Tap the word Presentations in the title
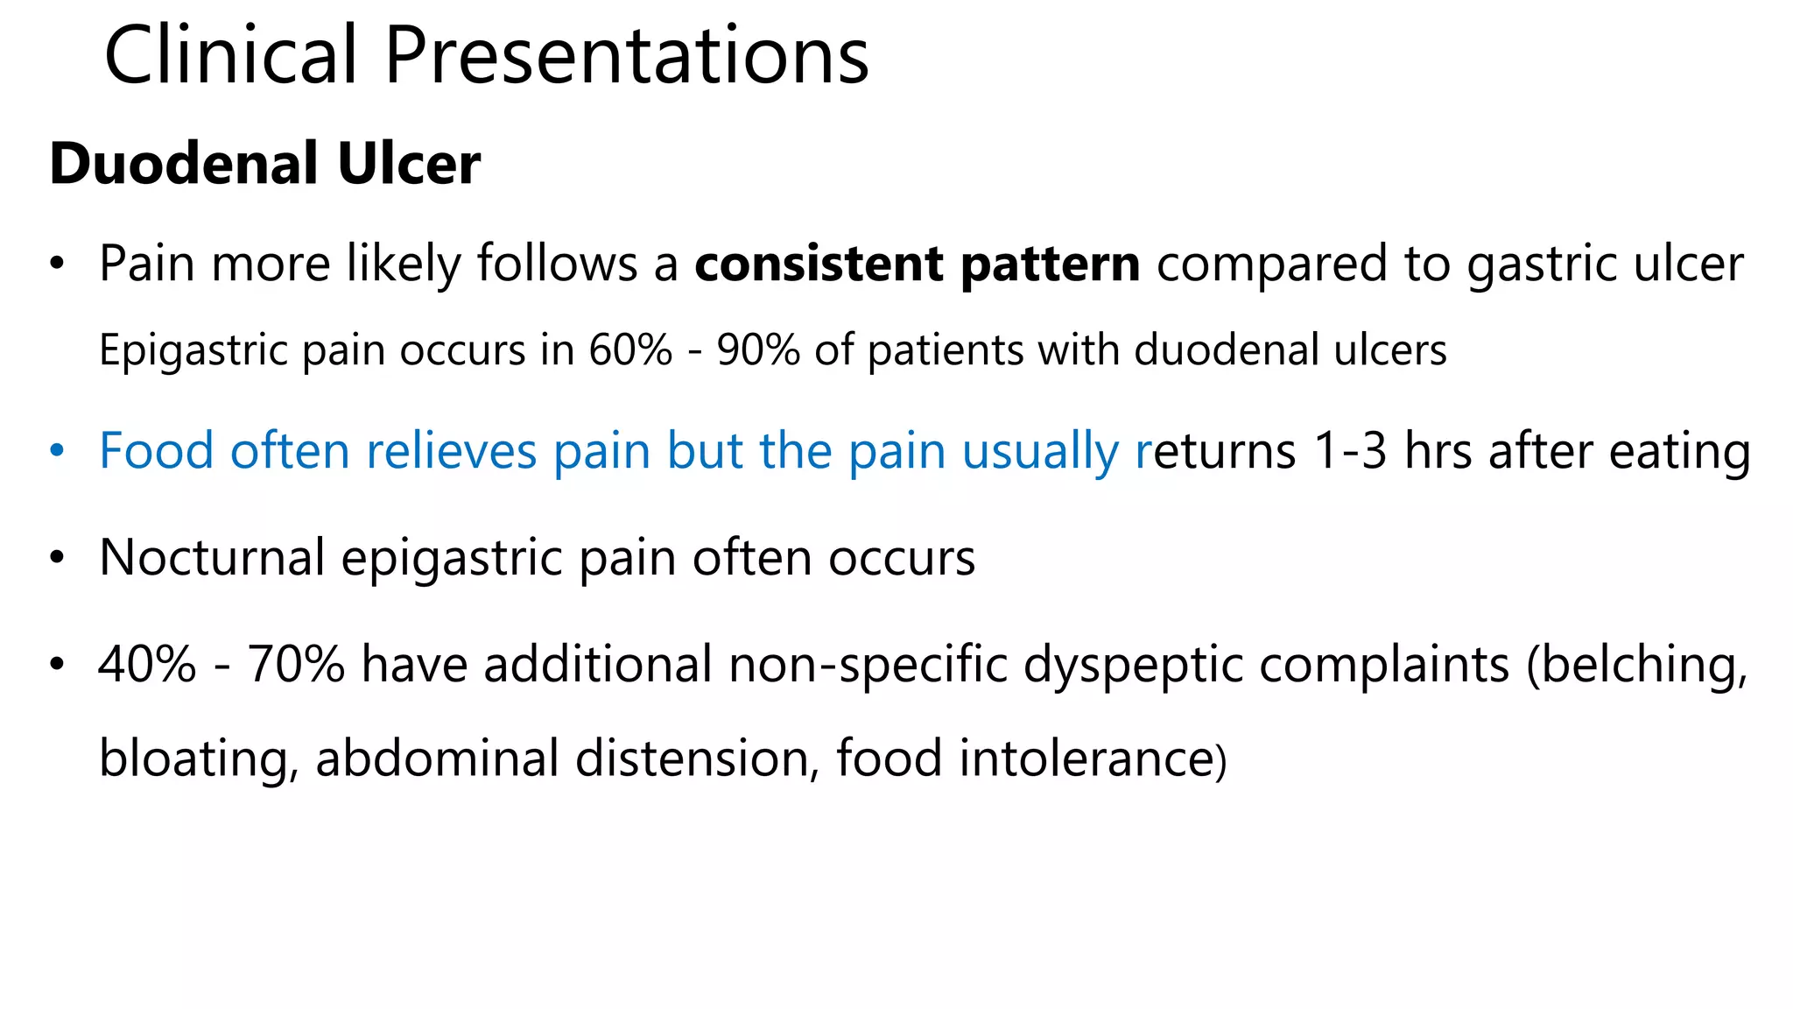click(x=626, y=56)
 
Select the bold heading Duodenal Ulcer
click(x=264, y=164)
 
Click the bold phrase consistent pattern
click(x=917, y=264)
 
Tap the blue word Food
click(x=157, y=451)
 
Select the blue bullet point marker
click(x=57, y=451)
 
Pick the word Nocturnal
click(x=212, y=558)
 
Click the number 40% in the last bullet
click(x=147, y=664)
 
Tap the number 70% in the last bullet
click(x=296, y=664)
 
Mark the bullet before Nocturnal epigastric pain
click(x=57, y=558)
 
